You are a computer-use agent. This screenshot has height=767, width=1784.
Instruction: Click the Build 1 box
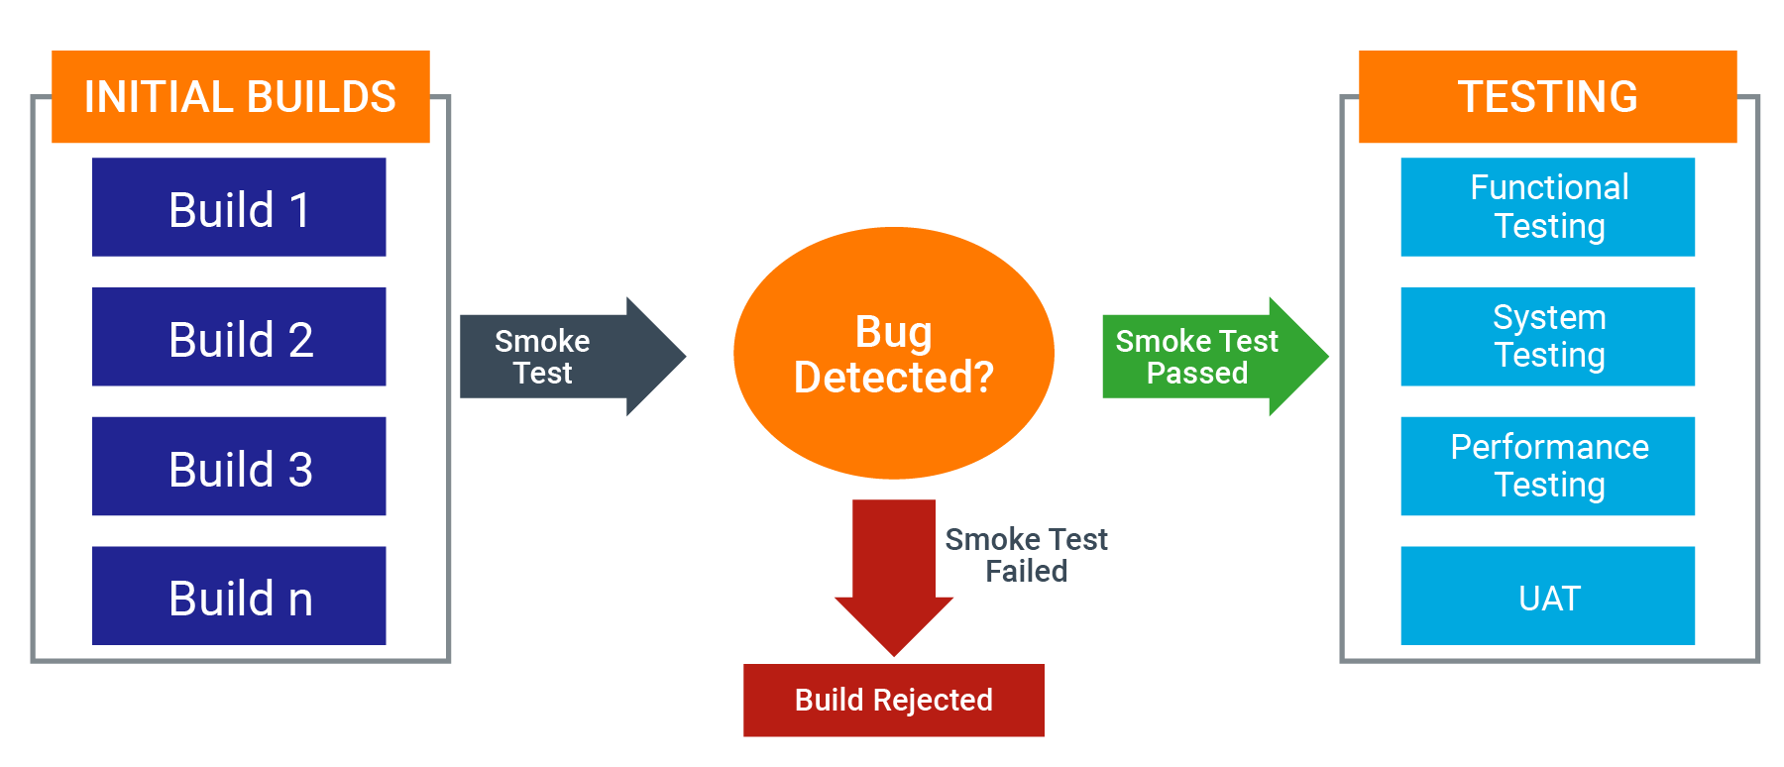pos(239,207)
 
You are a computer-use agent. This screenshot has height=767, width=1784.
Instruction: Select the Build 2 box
pos(239,337)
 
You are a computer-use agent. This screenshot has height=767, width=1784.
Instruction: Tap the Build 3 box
pos(239,467)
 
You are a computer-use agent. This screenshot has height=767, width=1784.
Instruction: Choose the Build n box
pos(239,597)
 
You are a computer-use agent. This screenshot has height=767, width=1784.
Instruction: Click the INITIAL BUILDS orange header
pos(240,97)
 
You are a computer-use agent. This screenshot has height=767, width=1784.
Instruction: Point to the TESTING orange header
pos(1547,97)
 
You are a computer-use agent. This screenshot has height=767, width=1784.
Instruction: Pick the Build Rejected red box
pos(893,700)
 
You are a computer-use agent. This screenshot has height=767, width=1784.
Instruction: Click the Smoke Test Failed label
pos(1026,555)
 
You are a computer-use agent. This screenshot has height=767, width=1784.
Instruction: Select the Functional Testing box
pos(1547,207)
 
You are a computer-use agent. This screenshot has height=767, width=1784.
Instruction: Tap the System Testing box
pos(1547,337)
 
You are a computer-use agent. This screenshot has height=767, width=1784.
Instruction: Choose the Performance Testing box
pos(1547,467)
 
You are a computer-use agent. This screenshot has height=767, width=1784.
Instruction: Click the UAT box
pos(1547,597)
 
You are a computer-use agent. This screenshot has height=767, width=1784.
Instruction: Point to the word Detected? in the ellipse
pos(893,378)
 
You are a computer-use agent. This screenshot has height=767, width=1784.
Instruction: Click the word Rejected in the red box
pos(933,701)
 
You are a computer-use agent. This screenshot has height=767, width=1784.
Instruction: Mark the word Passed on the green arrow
pos(1196,374)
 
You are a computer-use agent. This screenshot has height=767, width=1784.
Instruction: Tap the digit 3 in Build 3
pos(300,470)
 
